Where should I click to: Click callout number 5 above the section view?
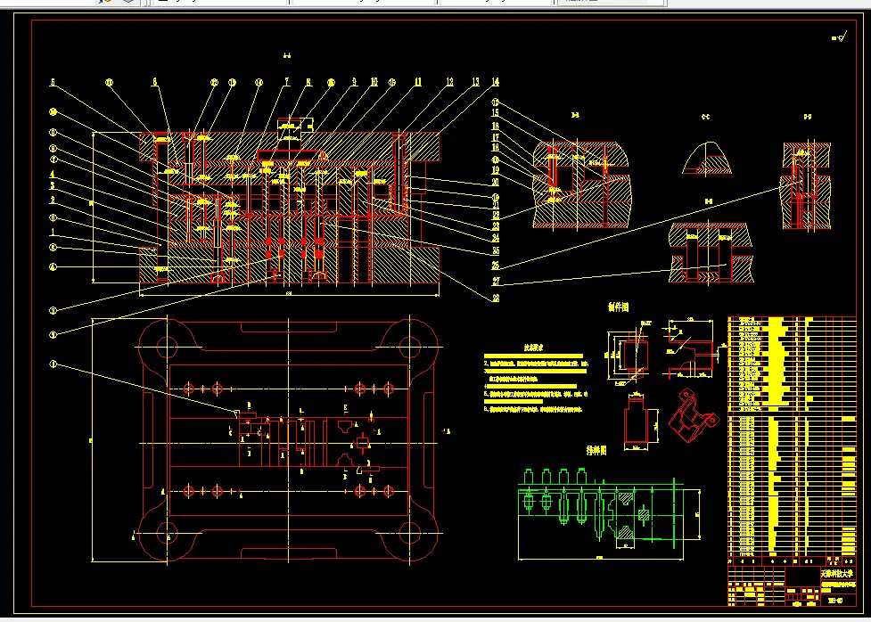53,82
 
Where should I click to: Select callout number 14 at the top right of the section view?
495,82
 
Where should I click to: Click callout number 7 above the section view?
288,82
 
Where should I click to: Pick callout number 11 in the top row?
417,82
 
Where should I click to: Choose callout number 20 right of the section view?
495,183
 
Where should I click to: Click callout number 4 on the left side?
53,175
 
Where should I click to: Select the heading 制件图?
618,307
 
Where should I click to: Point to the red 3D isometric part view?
689,418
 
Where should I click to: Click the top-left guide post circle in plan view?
166,343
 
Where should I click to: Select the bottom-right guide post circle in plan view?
410,534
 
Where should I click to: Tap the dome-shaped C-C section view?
706,158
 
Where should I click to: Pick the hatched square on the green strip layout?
645,514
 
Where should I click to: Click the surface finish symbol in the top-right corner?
838,38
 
